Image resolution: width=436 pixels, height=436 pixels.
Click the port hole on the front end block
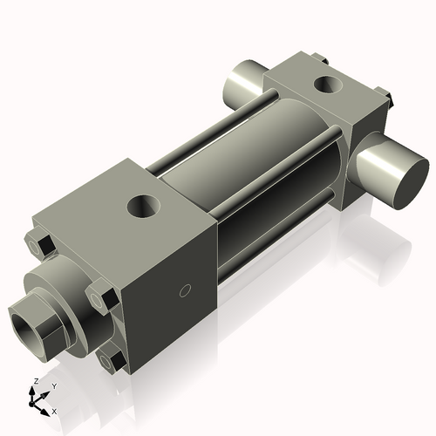pos(142,207)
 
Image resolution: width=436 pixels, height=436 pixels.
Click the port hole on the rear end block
pos(330,85)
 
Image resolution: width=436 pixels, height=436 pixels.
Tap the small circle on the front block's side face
pos(184,290)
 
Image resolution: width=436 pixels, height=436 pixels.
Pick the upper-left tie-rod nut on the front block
pos(41,245)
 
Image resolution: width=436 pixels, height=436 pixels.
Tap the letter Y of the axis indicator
pos(54,385)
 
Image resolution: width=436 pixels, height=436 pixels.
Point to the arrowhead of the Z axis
pos(33,390)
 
